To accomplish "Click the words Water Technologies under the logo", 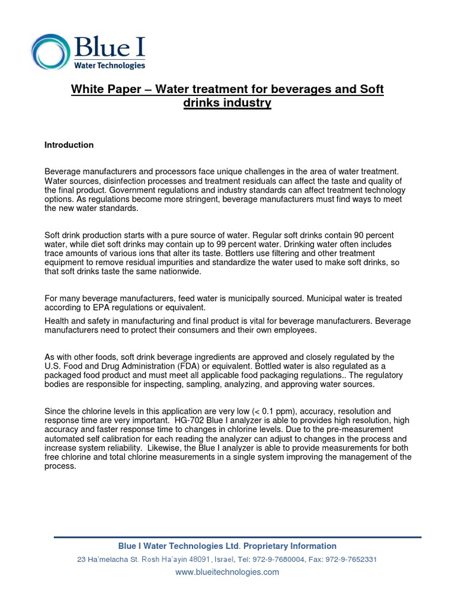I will [109, 66].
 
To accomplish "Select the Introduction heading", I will [69, 145].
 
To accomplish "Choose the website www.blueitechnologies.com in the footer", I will [227, 572].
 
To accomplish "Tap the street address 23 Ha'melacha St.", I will [111, 560].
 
